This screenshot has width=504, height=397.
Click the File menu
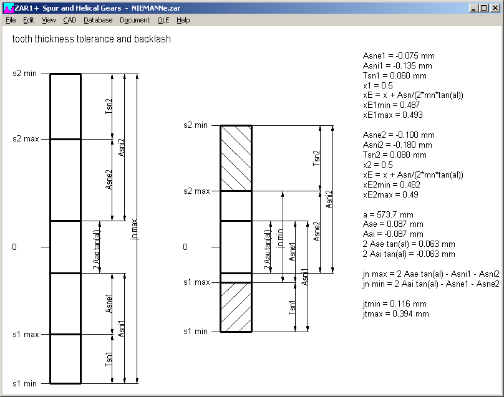[11, 20]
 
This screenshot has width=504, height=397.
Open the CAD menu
[69, 20]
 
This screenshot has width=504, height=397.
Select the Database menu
[98, 20]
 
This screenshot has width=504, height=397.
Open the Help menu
[183, 20]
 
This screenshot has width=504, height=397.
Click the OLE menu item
[163, 20]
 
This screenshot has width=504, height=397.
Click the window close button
[495, 8]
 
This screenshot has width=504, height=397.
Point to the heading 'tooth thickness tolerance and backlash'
[92, 39]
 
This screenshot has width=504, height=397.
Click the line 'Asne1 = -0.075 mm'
[399, 55]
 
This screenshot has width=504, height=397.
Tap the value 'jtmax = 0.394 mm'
[395, 313]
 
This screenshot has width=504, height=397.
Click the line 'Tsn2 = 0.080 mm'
[394, 155]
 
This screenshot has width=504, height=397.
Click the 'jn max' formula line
[431, 274]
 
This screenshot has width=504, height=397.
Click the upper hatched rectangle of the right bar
[236, 158]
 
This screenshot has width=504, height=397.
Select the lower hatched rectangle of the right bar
[236, 307]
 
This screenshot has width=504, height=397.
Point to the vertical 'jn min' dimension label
[280, 239]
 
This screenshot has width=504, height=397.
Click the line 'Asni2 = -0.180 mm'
[397, 145]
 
